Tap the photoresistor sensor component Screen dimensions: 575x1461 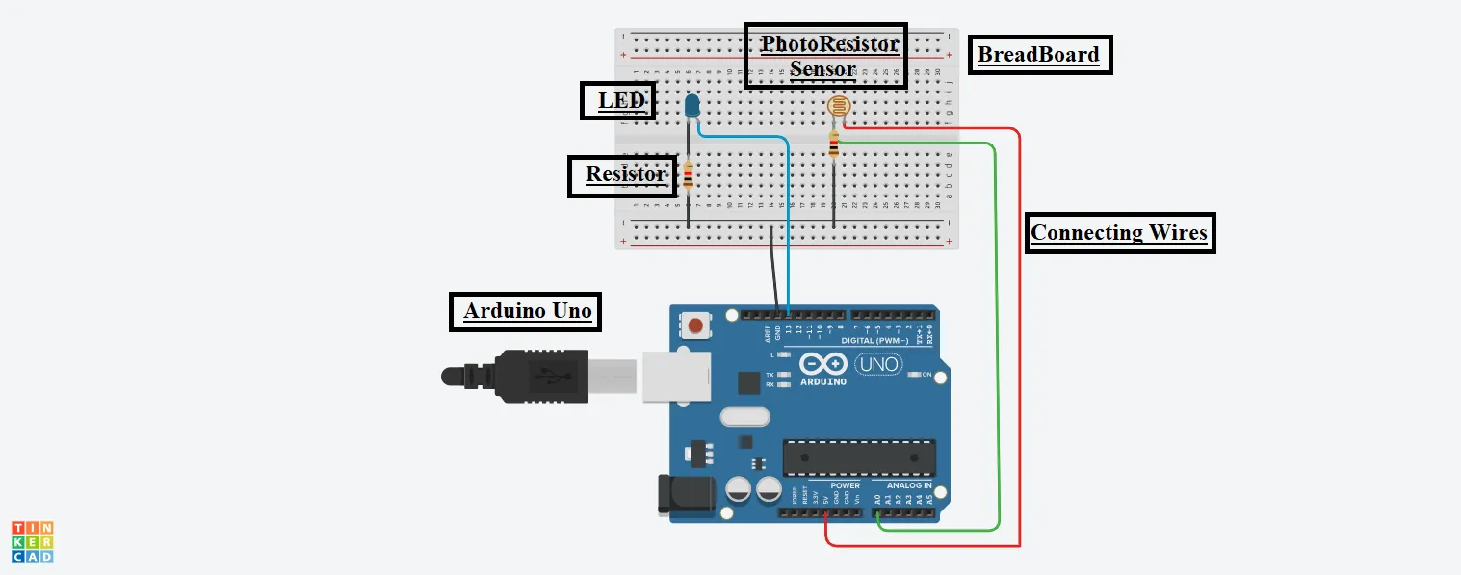[x=838, y=109]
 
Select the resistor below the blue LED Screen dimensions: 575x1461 [x=689, y=176]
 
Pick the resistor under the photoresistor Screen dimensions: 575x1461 [x=834, y=145]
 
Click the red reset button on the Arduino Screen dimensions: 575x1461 [x=695, y=326]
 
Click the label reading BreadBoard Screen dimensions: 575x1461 [x=1038, y=55]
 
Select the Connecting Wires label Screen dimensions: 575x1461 [x=1119, y=233]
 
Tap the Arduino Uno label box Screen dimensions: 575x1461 [x=527, y=312]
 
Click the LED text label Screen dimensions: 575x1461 [x=617, y=100]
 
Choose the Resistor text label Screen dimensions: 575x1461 [x=624, y=175]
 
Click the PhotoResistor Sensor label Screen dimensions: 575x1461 [x=825, y=56]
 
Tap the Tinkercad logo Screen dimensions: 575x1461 [x=32, y=541]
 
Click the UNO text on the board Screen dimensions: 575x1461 [x=876, y=364]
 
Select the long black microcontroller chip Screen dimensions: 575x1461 [x=858, y=457]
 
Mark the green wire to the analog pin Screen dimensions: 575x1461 [x=997, y=337]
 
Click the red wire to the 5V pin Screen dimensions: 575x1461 [x=1018, y=337]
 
